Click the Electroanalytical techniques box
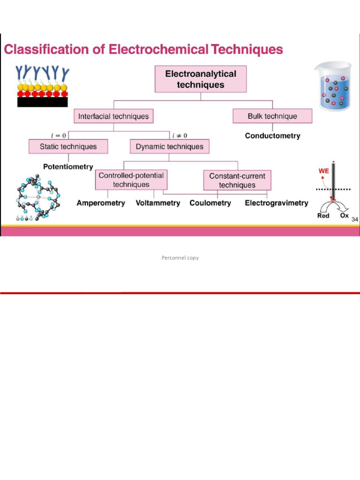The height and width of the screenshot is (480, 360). click(x=200, y=79)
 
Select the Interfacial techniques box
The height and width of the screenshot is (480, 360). click(x=113, y=116)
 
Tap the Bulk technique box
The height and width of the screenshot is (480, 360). click(x=272, y=116)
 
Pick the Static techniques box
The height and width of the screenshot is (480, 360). click(x=68, y=147)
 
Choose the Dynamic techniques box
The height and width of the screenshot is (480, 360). click(x=170, y=147)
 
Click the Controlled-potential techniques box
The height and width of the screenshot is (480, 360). click(x=131, y=180)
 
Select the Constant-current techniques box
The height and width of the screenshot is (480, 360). click(x=237, y=180)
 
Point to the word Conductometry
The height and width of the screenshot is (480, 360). click(x=272, y=136)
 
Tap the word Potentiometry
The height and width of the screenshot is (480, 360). click(x=68, y=166)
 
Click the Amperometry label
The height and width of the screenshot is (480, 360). click(x=101, y=203)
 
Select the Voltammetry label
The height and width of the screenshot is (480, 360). click(x=158, y=203)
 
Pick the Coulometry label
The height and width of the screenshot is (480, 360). click(x=210, y=203)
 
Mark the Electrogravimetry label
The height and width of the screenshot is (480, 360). click(x=277, y=203)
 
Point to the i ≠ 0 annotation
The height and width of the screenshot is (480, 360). click(x=180, y=136)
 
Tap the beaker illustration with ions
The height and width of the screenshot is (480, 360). click(x=333, y=86)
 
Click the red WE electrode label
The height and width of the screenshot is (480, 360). click(x=323, y=172)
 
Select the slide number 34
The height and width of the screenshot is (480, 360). click(x=354, y=219)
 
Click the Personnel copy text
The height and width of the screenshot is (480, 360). click(x=180, y=258)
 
